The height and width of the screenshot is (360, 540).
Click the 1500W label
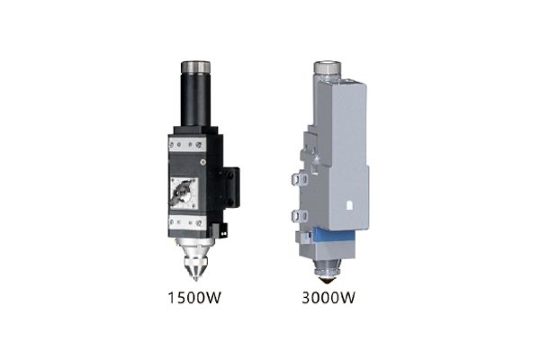coord(194,297)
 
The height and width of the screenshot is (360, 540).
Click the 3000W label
coord(328,297)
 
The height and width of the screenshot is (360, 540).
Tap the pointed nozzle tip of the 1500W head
coord(195,277)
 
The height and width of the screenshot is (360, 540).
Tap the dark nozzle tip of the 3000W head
coord(326,280)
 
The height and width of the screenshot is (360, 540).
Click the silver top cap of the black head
coord(195,67)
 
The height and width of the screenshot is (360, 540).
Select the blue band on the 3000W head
coord(333,235)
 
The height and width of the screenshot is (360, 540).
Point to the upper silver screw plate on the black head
coord(187,143)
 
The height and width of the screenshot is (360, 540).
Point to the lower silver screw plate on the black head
coord(187,222)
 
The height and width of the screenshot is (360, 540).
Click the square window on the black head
coord(184,193)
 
